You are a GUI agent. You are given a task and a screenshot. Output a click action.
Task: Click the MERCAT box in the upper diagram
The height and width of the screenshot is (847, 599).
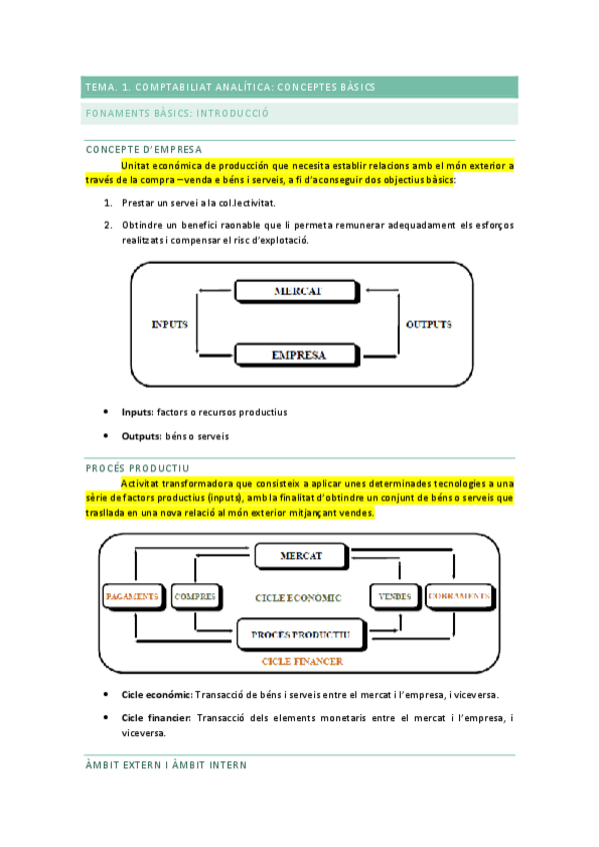click(x=299, y=292)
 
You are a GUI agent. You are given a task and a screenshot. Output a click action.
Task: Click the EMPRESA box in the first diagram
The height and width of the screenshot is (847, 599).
click(x=299, y=354)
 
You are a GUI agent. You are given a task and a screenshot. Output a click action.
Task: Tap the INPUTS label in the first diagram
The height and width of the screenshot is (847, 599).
click(x=169, y=325)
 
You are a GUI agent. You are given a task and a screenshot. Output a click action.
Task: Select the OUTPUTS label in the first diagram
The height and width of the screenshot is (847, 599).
click(x=428, y=325)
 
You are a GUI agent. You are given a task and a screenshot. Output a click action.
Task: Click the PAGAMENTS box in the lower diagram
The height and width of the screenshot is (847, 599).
click(x=132, y=597)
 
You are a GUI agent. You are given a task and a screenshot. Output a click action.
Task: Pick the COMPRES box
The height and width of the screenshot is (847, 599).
click(x=195, y=597)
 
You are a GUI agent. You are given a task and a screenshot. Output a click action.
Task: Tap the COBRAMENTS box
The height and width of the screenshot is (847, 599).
click(x=459, y=597)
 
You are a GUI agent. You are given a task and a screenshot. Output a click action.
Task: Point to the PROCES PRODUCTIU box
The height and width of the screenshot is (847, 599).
click(x=299, y=634)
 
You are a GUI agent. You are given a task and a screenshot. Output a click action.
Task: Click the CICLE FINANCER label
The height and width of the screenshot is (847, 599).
click(x=302, y=661)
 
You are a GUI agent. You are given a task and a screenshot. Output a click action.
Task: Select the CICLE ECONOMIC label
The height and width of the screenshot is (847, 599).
click(x=299, y=597)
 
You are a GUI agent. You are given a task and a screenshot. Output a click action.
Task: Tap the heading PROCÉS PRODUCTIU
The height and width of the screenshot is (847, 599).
click(x=138, y=467)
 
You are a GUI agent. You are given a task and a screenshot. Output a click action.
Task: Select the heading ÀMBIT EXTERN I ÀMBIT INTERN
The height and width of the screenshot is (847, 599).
click(x=166, y=765)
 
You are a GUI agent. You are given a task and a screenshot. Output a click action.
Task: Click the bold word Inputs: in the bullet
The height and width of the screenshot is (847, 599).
click(x=137, y=412)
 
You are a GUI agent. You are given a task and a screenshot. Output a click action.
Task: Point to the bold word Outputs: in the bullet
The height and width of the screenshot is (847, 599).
click(x=141, y=436)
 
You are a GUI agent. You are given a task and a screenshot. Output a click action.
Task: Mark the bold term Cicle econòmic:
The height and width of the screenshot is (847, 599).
click(x=156, y=694)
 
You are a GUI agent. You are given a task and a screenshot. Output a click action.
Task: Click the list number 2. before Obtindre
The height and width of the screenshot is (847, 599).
click(x=107, y=225)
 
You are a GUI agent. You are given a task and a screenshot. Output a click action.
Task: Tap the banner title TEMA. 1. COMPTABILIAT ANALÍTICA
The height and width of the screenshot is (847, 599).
click(x=230, y=87)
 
